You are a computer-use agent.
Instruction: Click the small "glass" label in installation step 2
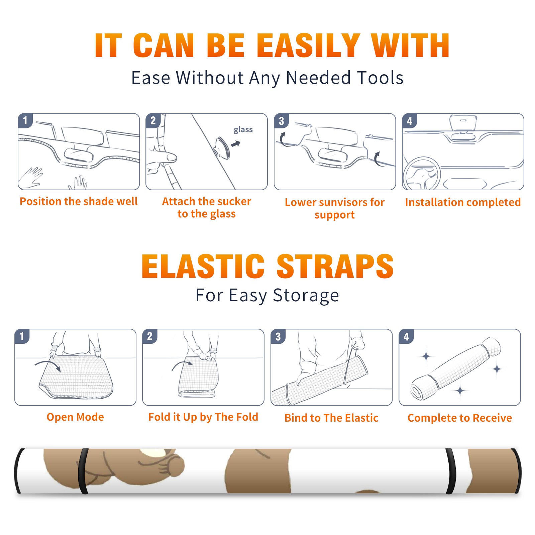pyautogui.click(x=243, y=130)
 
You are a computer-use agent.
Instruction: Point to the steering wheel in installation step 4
pyautogui.click(x=422, y=174)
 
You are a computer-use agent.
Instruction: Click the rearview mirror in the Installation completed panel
pyautogui.click(x=463, y=123)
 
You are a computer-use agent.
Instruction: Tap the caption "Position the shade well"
pyautogui.click(x=79, y=201)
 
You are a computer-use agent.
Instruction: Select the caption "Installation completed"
pyautogui.click(x=463, y=202)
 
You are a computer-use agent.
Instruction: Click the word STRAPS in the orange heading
pyautogui.click(x=335, y=266)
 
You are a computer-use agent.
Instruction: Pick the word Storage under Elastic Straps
pyautogui.click(x=306, y=296)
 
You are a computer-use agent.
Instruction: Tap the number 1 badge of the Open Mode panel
pyautogui.click(x=22, y=336)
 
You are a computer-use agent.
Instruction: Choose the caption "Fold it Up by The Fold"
pyautogui.click(x=203, y=417)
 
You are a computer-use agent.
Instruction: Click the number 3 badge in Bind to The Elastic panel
pyautogui.click(x=278, y=336)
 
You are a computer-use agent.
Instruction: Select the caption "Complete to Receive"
pyautogui.click(x=460, y=418)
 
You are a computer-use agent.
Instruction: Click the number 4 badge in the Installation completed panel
pyautogui.click(x=410, y=121)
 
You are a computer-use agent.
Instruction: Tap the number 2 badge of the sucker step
pyautogui.click(x=153, y=120)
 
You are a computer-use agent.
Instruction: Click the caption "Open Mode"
pyautogui.click(x=75, y=417)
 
